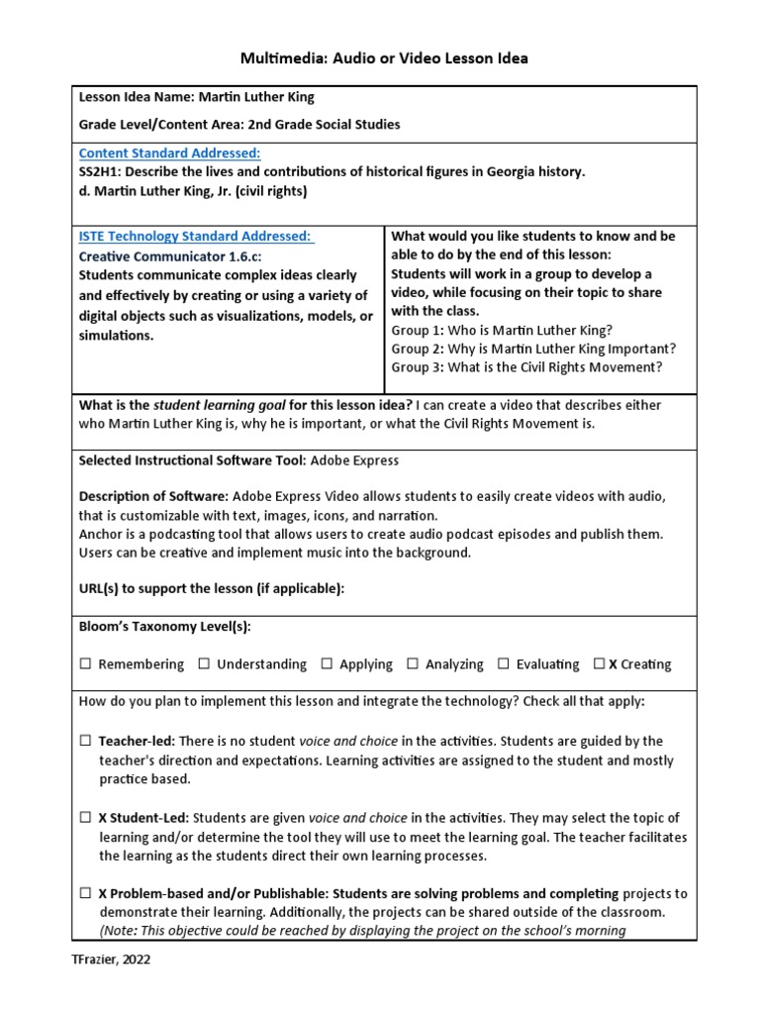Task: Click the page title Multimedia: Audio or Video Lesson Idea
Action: tap(384, 58)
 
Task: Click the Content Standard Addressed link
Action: tap(169, 152)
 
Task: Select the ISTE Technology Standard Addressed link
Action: tap(195, 236)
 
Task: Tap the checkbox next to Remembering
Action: tap(86, 664)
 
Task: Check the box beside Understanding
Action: tap(204, 664)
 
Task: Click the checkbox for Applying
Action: tap(327, 664)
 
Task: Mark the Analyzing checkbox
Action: tap(413, 664)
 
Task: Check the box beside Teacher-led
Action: tap(86, 741)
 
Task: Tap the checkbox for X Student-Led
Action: tap(86, 818)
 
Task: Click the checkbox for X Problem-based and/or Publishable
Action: tap(86, 893)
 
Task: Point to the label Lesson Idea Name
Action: tap(132, 98)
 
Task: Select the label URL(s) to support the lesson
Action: tap(212, 589)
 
